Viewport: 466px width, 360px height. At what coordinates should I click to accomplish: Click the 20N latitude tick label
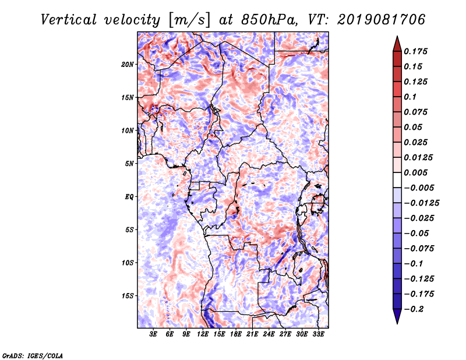point(128,65)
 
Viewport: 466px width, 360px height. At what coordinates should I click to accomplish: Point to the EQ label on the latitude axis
point(129,197)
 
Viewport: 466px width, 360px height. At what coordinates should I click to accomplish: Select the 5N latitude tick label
point(129,164)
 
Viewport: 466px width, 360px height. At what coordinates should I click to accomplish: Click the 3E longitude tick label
point(153,334)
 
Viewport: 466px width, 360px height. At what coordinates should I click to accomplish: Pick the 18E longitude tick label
point(236,334)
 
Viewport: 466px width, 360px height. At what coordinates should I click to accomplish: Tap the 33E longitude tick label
point(318,334)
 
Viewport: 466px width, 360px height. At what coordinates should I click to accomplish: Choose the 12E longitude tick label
point(203,334)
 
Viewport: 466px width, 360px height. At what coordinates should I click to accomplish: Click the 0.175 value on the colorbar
point(415,51)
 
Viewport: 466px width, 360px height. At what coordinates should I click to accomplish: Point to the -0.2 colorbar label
point(414,309)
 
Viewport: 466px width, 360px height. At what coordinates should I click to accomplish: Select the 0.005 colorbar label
point(415,172)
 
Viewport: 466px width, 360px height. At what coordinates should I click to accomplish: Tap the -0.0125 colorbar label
point(421,203)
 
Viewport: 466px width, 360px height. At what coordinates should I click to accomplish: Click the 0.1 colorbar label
point(410,97)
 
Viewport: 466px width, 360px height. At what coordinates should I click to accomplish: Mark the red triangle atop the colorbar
point(397,44)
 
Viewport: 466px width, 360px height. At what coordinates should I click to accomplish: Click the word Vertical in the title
point(69,20)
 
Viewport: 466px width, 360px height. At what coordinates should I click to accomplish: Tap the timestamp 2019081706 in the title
point(382,20)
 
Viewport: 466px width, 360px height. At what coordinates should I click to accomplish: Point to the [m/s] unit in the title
point(189,20)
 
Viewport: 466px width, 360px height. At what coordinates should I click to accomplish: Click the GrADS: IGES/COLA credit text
point(33,355)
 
